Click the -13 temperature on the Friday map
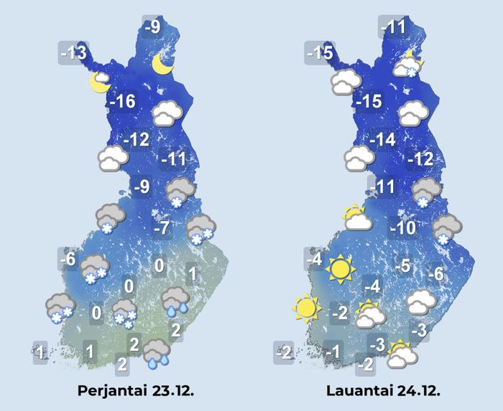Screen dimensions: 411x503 pyautogui.click(x=73, y=52)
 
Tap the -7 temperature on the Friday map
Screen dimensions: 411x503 pyautogui.click(x=162, y=228)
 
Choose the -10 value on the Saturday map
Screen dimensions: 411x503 pyautogui.click(x=403, y=229)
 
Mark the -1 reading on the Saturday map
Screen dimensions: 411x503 pyautogui.click(x=331, y=351)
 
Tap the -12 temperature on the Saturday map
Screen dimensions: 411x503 pyautogui.click(x=420, y=159)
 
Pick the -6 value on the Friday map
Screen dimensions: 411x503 pyautogui.click(x=68, y=257)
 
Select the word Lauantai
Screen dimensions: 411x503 pyautogui.click(x=357, y=391)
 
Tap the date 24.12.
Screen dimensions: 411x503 pyautogui.click(x=414, y=391)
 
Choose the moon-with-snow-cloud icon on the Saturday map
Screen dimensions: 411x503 pyautogui.click(x=407, y=65)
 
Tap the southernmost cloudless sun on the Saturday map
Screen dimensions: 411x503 pyautogui.click(x=306, y=308)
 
